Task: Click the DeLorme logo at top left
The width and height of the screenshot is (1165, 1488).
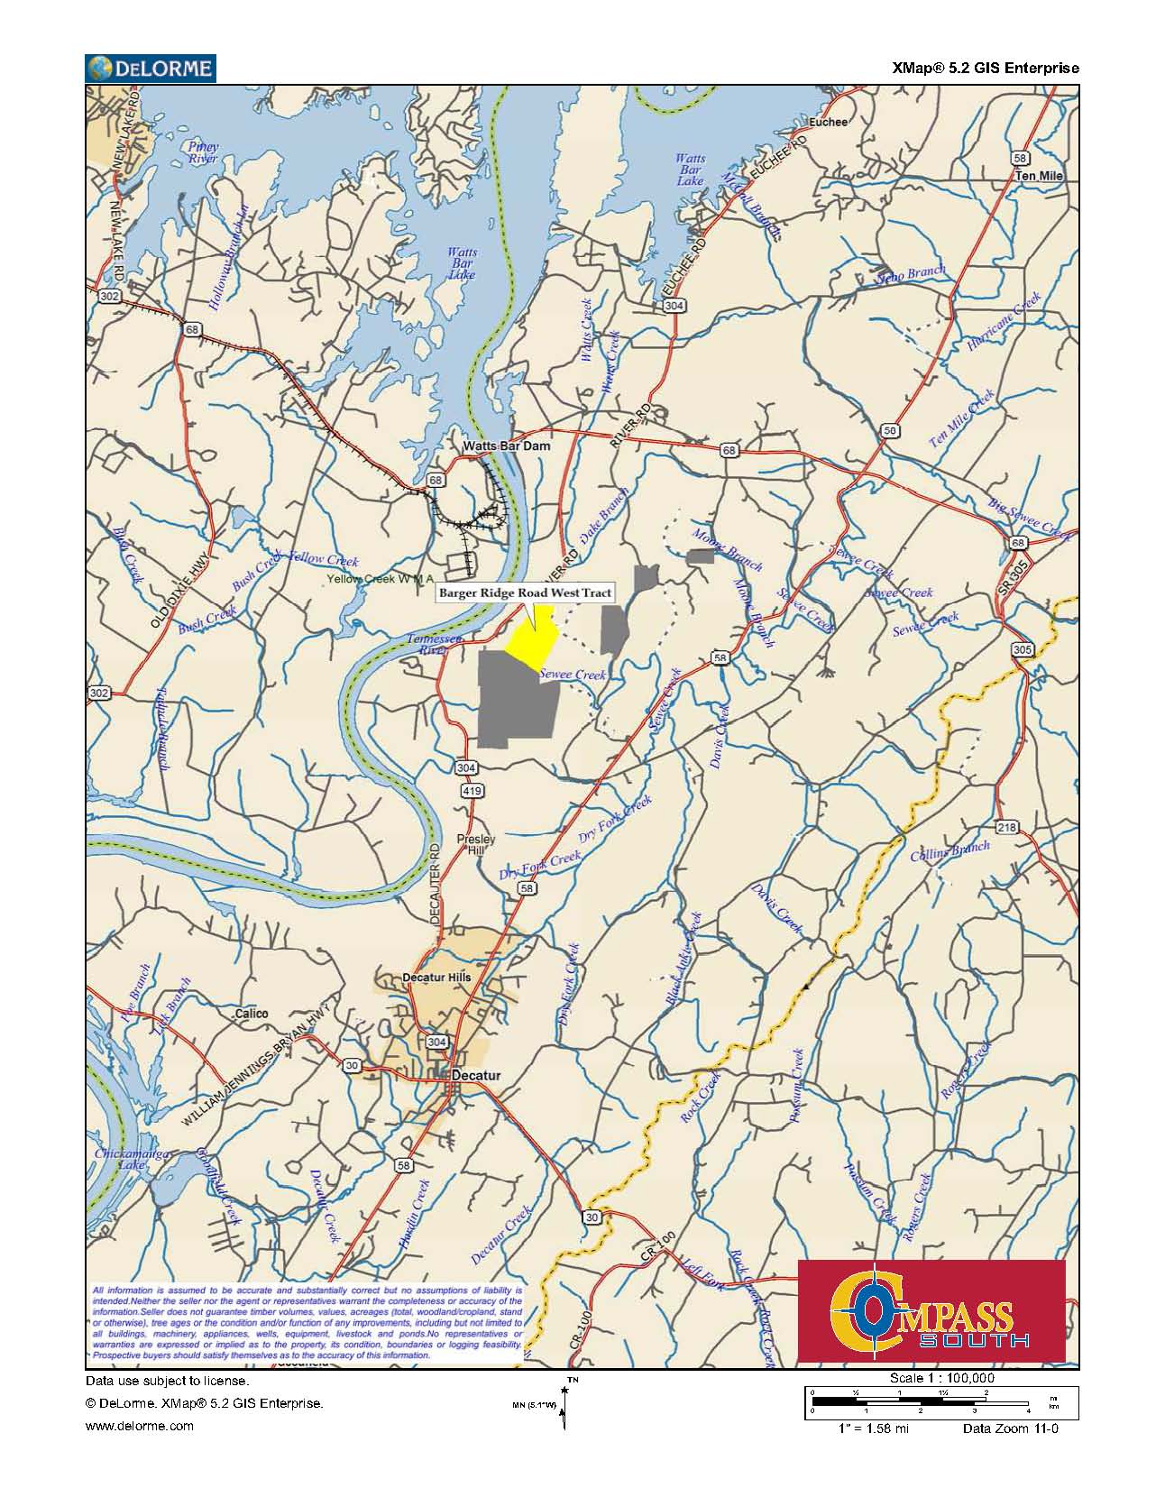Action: point(150,68)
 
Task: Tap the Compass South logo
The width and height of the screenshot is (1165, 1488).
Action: point(931,1311)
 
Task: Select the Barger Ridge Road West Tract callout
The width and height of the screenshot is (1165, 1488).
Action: point(526,592)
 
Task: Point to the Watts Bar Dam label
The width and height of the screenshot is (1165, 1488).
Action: point(506,446)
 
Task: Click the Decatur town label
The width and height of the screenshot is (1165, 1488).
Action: point(475,1076)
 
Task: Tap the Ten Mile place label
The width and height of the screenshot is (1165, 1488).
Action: point(1039,176)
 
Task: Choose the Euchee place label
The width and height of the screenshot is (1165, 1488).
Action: point(829,122)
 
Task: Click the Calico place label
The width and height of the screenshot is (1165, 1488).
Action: point(251,1014)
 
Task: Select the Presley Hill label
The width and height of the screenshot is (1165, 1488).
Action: point(476,844)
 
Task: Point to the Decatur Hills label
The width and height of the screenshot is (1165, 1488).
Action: point(436,978)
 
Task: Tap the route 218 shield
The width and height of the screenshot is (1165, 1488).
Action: point(1006,828)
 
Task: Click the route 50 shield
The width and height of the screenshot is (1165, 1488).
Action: point(890,431)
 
